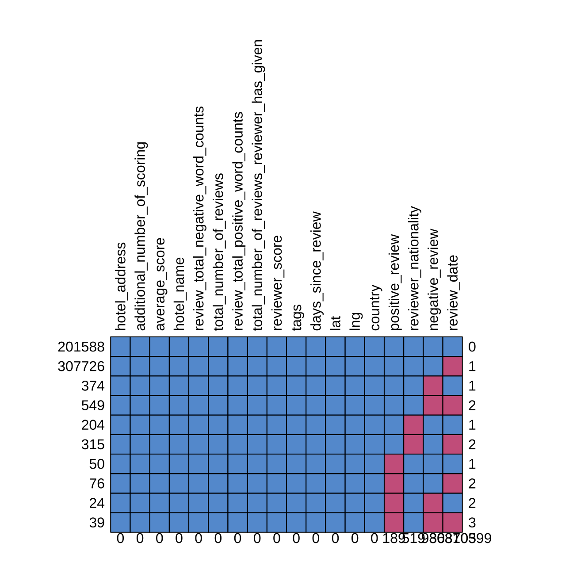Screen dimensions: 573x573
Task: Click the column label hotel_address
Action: (x=121, y=286)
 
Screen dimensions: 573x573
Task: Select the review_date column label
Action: (x=453, y=292)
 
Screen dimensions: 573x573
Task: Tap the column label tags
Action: (x=297, y=317)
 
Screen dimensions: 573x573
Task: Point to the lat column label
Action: (x=336, y=322)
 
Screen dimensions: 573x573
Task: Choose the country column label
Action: (x=374, y=307)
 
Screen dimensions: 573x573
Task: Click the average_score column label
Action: (x=160, y=284)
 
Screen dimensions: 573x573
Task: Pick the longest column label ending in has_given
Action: (x=257, y=185)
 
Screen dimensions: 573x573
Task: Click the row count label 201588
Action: (x=81, y=347)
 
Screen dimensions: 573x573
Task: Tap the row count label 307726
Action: (x=81, y=367)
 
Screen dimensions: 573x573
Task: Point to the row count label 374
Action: (x=93, y=386)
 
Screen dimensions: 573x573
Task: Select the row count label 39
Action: (x=97, y=523)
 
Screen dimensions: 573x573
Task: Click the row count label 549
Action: (x=93, y=405)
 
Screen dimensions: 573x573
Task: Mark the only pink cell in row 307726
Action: (x=453, y=366)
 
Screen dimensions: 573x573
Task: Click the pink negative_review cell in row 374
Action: (x=433, y=386)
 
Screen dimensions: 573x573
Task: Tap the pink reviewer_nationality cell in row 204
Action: (x=414, y=425)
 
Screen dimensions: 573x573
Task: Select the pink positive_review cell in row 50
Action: (x=394, y=464)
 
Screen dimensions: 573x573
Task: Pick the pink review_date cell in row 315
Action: (x=453, y=444)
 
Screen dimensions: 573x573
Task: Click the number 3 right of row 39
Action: (x=472, y=523)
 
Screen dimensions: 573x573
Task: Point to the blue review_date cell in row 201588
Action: (x=453, y=347)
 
